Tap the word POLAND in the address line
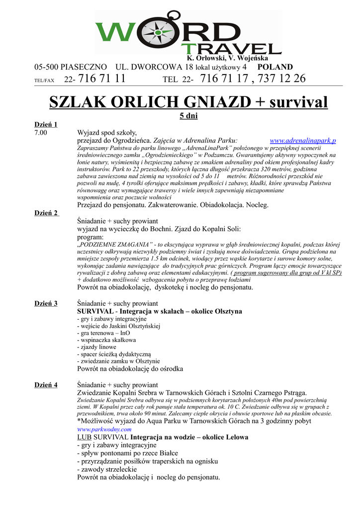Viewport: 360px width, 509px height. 275,67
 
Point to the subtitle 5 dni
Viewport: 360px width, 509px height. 188,115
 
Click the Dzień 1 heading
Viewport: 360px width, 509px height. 46,124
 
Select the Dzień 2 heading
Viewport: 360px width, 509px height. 46,213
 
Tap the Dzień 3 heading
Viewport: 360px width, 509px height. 46,303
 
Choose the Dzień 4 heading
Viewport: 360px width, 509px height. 46,385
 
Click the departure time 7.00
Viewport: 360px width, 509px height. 41,133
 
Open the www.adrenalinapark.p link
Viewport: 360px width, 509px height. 302,141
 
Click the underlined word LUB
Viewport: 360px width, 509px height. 84,437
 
